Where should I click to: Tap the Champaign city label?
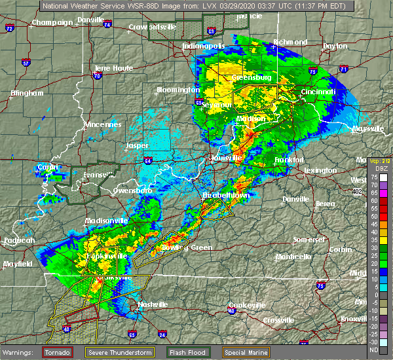click(53, 22)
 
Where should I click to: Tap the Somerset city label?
click(309, 240)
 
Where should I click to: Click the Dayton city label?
click(335, 46)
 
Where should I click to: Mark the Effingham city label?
click(28, 93)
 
